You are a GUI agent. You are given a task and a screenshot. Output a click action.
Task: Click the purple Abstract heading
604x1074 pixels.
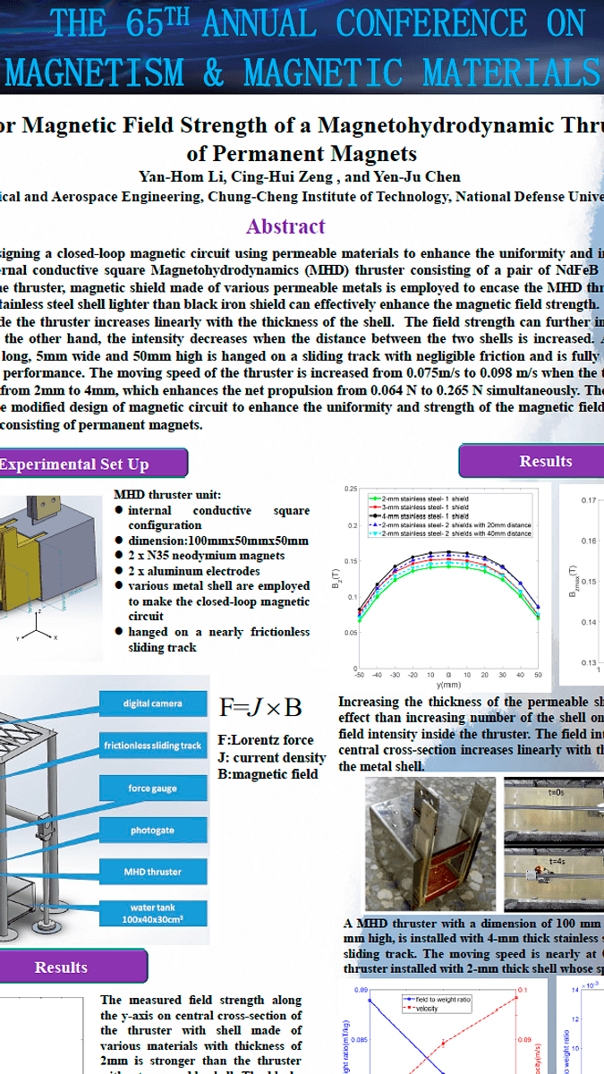pos(285,226)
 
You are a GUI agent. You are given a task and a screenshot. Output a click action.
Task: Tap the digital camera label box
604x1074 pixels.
pos(153,703)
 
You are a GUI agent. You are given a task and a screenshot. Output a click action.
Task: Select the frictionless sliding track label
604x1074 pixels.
pos(153,745)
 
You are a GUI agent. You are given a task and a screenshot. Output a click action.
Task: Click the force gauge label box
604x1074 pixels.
pos(153,788)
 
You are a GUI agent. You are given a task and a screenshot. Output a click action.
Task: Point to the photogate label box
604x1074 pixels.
pos(153,831)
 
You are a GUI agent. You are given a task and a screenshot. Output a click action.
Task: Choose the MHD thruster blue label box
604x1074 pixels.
pos(153,872)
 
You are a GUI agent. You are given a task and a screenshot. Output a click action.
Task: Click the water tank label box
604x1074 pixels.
pos(153,913)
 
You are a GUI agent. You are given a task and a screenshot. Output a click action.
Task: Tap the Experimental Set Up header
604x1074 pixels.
pos(75,464)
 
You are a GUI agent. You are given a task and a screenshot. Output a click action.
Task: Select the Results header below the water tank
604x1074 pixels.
pos(61,967)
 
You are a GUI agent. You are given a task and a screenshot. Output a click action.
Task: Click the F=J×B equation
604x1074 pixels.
pos(260,708)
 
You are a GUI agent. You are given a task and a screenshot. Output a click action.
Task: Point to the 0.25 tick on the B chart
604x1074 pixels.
pos(351,490)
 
